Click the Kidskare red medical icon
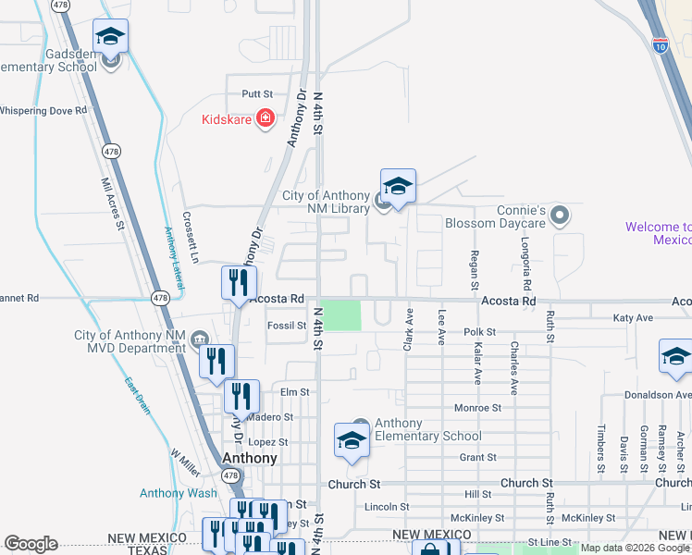(265, 119)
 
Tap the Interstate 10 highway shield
(660, 44)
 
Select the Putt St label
(257, 94)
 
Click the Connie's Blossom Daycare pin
(559, 216)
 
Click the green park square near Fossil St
(341, 315)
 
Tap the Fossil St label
(286, 326)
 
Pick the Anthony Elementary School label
(427, 430)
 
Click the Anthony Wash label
(179, 493)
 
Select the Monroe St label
(477, 407)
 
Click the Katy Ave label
(633, 318)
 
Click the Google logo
(31, 544)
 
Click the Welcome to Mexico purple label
(658, 233)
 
